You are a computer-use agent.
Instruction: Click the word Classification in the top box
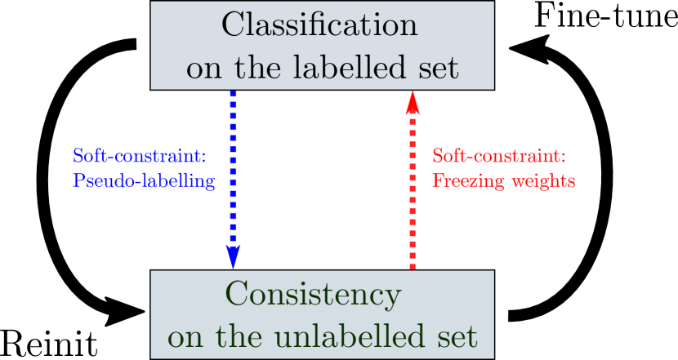pos(320,25)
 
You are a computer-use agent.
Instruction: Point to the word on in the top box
pos(203,69)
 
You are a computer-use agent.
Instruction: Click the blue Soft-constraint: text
pos(140,155)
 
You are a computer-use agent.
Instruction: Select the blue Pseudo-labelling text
pos(144,180)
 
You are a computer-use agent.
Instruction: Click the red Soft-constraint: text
pos(498,155)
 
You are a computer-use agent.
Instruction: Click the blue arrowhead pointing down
pos(233,256)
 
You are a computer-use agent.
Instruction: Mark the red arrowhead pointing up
pos(413,104)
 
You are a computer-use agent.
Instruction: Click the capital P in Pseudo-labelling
pos(78,180)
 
